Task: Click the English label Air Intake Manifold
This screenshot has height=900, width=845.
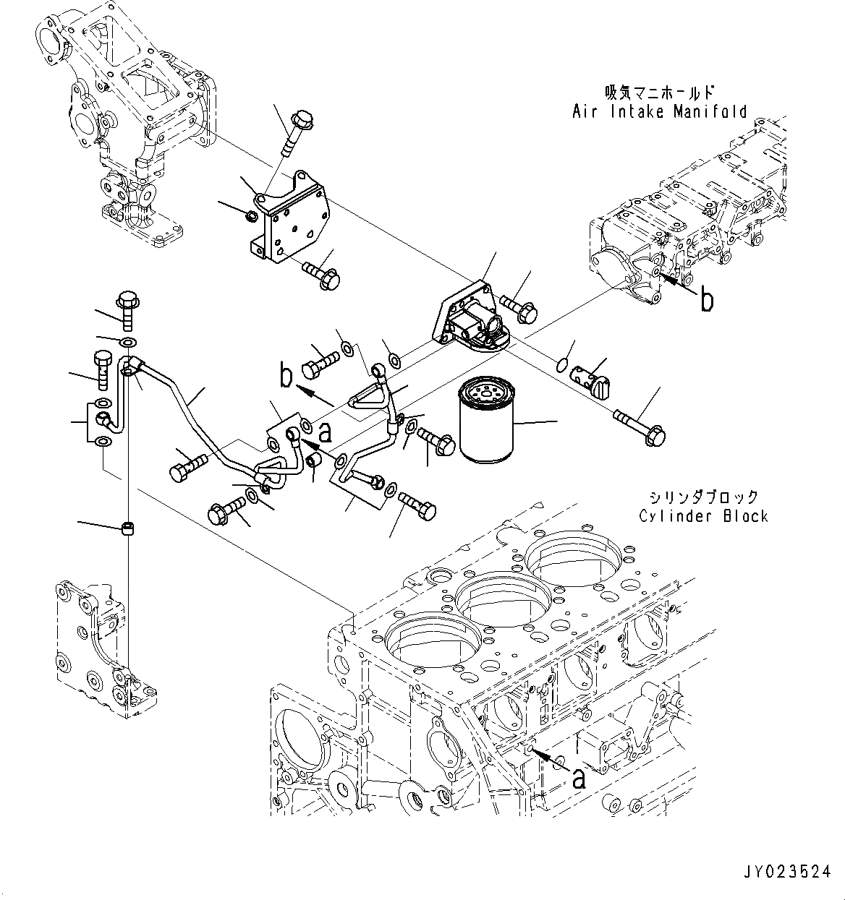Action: pyautogui.click(x=659, y=111)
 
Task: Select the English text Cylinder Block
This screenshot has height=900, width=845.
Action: pyautogui.click(x=703, y=516)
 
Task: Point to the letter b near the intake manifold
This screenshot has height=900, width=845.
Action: pyautogui.click(x=706, y=299)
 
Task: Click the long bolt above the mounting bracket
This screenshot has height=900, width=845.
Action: pyautogui.click(x=293, y=133)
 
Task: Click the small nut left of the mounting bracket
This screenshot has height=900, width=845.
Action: pyautogui.click(x=251, y=215)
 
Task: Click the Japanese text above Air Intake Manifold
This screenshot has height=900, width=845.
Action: pyautogui.click(x=659, y=93)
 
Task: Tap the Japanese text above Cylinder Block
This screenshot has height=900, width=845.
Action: pyautogui.click(x=703, y=497)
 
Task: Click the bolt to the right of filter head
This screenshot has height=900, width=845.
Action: pyautogui.click(x=518, y=308)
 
